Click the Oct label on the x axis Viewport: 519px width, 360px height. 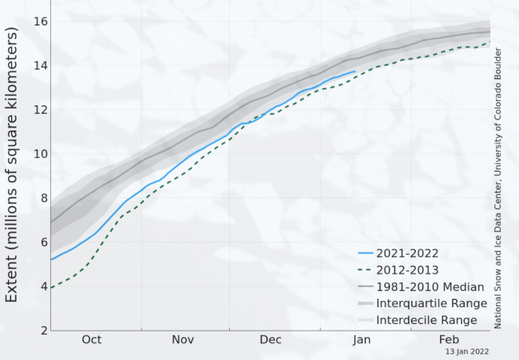[x=91, y=340]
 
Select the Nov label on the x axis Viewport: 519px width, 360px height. [x=183, y=340]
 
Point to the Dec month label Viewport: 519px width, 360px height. [x=271, y=340]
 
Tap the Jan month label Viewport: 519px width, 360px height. [x=361, y=340]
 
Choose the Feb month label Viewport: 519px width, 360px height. [x=449, y=340]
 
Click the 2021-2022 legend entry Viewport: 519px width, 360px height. [x=407, y=253]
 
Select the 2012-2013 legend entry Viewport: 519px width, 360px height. [x=407, y=270]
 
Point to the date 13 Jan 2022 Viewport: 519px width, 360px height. [x=468, y=352]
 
